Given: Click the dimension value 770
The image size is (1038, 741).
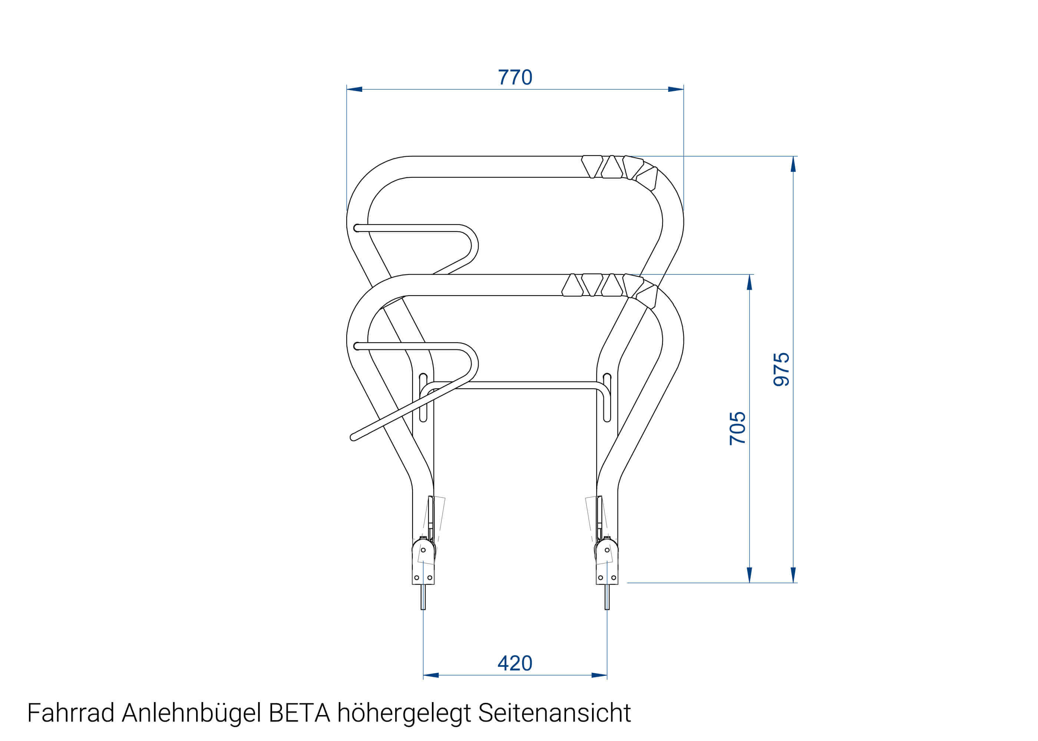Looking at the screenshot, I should point(515,77).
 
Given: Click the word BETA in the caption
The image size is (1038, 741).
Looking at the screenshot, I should point(300,713).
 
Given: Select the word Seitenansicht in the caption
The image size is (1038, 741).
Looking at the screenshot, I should point(554,713).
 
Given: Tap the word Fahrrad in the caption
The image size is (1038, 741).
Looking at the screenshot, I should point(71,713).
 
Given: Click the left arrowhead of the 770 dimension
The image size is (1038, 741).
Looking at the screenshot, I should point(354,89).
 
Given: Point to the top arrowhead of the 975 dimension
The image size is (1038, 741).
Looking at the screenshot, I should point(793,164).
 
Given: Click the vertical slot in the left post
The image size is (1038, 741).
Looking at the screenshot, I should point(423,397).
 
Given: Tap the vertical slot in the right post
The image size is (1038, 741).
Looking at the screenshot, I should point(607,397).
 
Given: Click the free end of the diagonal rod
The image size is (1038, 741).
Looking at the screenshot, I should point(353,438).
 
